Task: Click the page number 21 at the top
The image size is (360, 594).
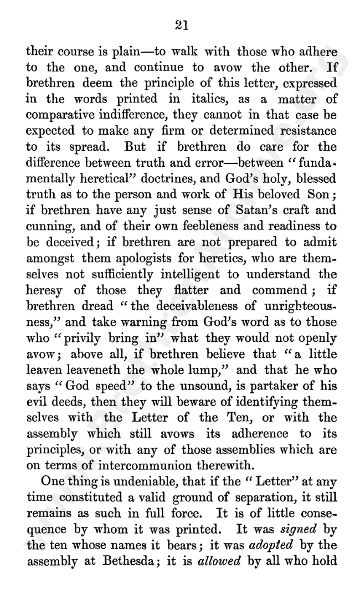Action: point(182,25)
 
